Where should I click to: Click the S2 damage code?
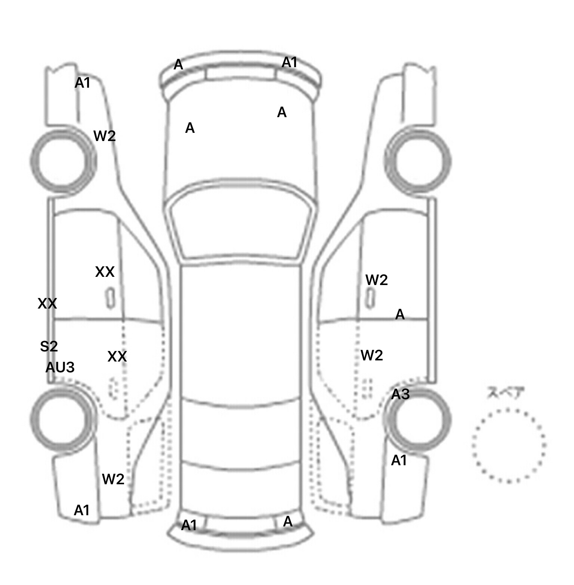[49, 347]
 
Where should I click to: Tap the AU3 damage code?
[60, 367]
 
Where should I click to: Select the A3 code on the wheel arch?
[400, 394]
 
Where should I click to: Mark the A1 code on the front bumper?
[290, 63]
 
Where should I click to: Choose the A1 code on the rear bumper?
[189, 525]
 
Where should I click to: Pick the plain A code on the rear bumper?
[288, 522]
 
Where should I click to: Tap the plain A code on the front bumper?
[179, 65]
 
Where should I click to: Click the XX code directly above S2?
[47, 304]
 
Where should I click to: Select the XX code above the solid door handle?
[105, 272]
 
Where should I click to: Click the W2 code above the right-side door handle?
[376, 280]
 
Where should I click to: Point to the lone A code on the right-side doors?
[400, 315]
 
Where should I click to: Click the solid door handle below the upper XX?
[111, 298]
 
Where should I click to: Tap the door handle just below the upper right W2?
[370, 298]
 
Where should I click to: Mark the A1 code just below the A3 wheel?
[399, 461]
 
